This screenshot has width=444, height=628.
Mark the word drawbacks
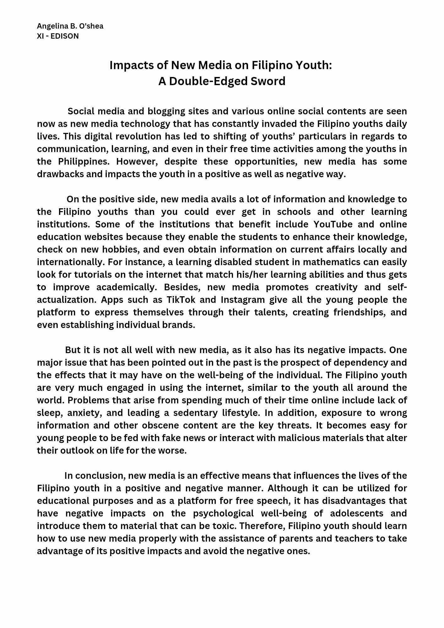60,174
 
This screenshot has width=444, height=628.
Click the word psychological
223,513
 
